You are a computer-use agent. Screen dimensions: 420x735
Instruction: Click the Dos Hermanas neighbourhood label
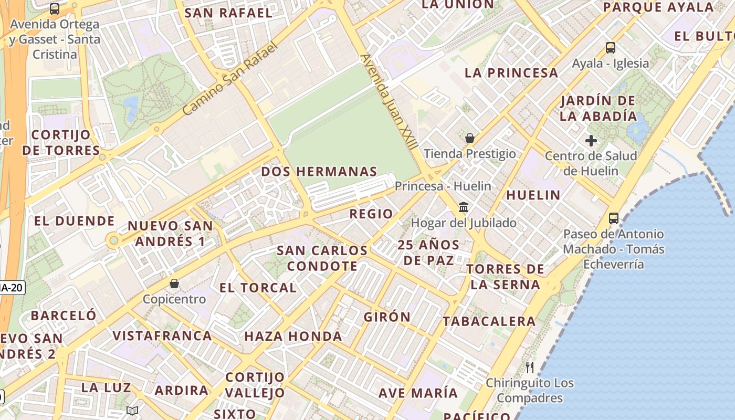tap(319, 172)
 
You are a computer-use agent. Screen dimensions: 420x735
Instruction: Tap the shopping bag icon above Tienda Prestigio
tap(470, 138)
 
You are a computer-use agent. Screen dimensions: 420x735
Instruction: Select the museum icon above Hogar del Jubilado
tap(464, 207)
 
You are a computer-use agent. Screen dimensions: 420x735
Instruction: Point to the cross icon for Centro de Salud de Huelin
tap(591, 141)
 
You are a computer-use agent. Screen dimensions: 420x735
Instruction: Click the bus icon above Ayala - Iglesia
tap(611, 48)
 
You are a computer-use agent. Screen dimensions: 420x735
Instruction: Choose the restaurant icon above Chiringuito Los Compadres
tap(530, 367)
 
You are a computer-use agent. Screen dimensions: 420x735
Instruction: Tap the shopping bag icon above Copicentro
tap(174, 283)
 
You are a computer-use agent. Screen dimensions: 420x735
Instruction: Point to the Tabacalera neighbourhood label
tap(489, 321)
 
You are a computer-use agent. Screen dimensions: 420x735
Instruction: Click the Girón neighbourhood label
tap(387, 317)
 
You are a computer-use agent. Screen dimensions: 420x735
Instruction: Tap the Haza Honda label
tap(293, 337)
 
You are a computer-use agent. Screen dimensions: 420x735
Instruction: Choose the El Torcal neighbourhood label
tap(258, 288)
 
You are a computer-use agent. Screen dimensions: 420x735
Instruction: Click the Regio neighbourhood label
tap(371, 214)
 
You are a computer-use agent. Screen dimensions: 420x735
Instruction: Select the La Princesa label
tap(511, 73)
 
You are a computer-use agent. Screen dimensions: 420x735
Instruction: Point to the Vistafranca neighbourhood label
tap(162, 335)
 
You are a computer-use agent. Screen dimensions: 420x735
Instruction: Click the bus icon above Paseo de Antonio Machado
tap(614, 218)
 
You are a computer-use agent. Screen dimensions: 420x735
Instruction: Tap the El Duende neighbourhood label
tap(74, 221)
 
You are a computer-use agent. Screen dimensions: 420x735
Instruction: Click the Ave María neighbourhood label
tap(418, 393)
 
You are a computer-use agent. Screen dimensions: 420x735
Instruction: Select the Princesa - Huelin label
tap(443, 186)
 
